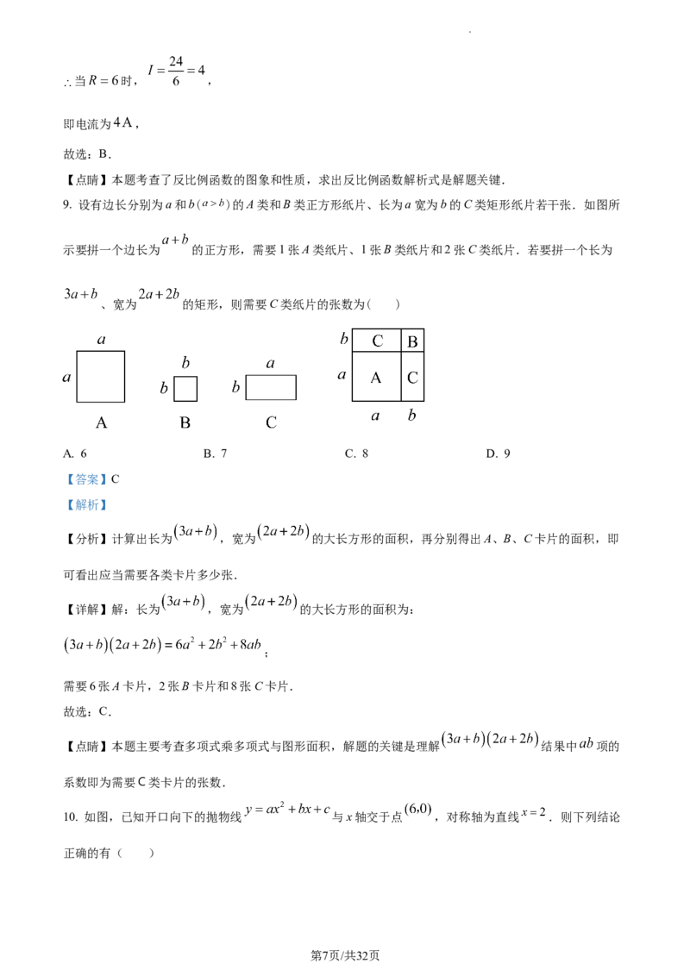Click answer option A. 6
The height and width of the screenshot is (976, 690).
[75, 454]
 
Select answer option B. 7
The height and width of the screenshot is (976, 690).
[216, 454]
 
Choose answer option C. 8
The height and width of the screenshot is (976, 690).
[357, 454]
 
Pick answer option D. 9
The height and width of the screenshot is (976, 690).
[499, 454]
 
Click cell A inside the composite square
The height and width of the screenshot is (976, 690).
[376, 377]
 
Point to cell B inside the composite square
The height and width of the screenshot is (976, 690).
[412, 341]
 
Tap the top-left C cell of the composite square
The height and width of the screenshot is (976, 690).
[376, 341]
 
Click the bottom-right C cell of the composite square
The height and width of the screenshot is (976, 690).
[412, 377]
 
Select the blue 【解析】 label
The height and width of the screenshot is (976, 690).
[86, 504]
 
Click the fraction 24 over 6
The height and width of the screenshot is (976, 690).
[176, 71]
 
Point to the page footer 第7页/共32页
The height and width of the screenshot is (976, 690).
[345, 955]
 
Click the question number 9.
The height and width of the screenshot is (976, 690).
[67, 205]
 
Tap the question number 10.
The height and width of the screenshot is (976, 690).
[71, 817]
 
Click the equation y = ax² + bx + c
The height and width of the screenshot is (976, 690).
[288, 810]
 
